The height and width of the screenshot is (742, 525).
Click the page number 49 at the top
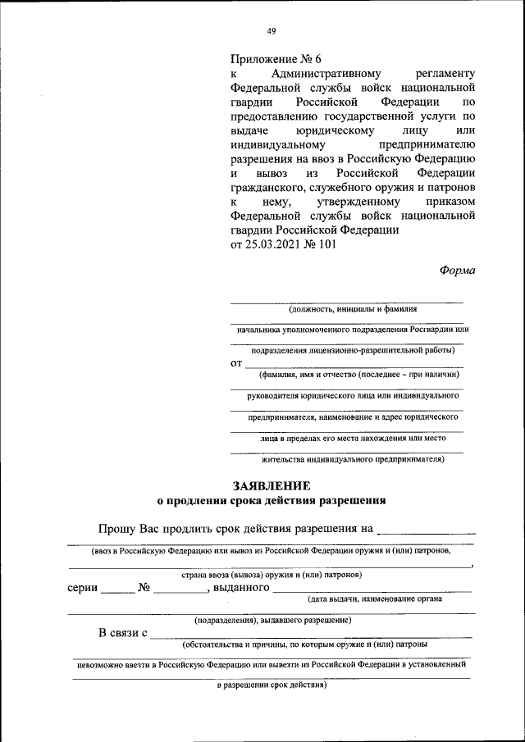[x=272, y=31]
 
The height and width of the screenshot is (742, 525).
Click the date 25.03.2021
[x=276, y=244]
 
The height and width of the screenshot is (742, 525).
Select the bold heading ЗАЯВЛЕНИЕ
[x=272, y=485]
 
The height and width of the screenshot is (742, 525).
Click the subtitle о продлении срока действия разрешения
[x=272, y=499]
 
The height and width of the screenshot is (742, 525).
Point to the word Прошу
[x=119, y=529]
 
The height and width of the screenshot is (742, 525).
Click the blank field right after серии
[x=116, y=589]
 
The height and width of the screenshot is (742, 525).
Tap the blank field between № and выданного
[x=180, y=589]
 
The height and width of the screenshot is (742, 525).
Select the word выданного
[x=241, y=587]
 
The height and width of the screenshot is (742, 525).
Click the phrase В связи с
[x=123, y=632]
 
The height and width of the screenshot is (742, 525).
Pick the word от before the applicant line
[x=236, y=362]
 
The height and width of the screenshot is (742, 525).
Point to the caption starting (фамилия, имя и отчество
[x=358, y=375]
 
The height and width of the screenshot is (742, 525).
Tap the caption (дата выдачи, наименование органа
[x=375, y=599]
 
